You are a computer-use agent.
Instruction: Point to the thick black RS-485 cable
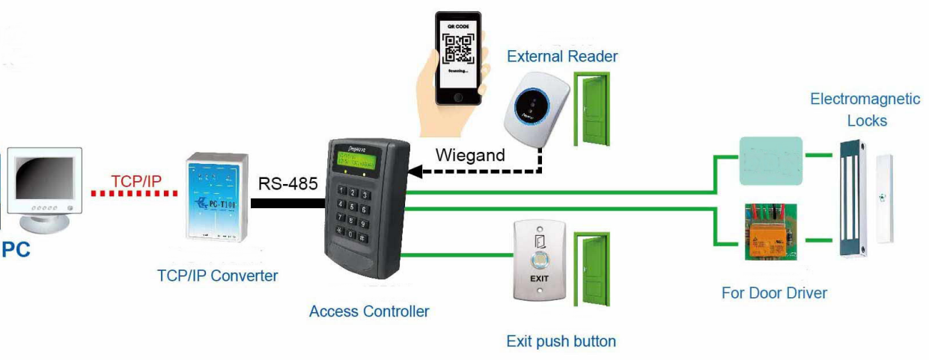288,203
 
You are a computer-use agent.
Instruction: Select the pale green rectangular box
770,160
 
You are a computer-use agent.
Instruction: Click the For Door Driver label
774,293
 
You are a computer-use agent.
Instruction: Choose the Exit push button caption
561,341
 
